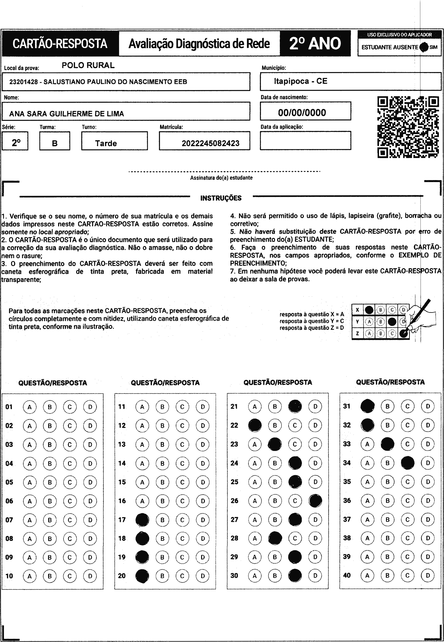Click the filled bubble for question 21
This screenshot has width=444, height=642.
[295, 406]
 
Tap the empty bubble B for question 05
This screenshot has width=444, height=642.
[50, 482]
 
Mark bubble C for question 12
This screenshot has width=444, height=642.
[182, 426]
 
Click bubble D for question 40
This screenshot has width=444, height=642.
[428, 575]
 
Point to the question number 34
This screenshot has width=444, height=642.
[347, 463]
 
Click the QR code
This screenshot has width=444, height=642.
[408, 127]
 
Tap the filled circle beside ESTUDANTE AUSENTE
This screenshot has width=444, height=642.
[424, 47]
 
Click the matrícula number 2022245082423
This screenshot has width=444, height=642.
[210, 143]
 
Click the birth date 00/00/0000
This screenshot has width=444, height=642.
[302, 113]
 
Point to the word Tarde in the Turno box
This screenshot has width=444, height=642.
[106, 143]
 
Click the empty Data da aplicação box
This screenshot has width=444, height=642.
[305, 141]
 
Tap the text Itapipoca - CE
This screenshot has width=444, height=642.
[300, 81]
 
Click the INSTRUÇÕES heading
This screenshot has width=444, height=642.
[221, 198]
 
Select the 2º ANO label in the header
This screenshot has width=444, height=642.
[315, 43]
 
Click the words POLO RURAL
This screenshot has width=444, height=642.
[88, 65]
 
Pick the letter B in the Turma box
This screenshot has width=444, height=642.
[55, 143]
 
